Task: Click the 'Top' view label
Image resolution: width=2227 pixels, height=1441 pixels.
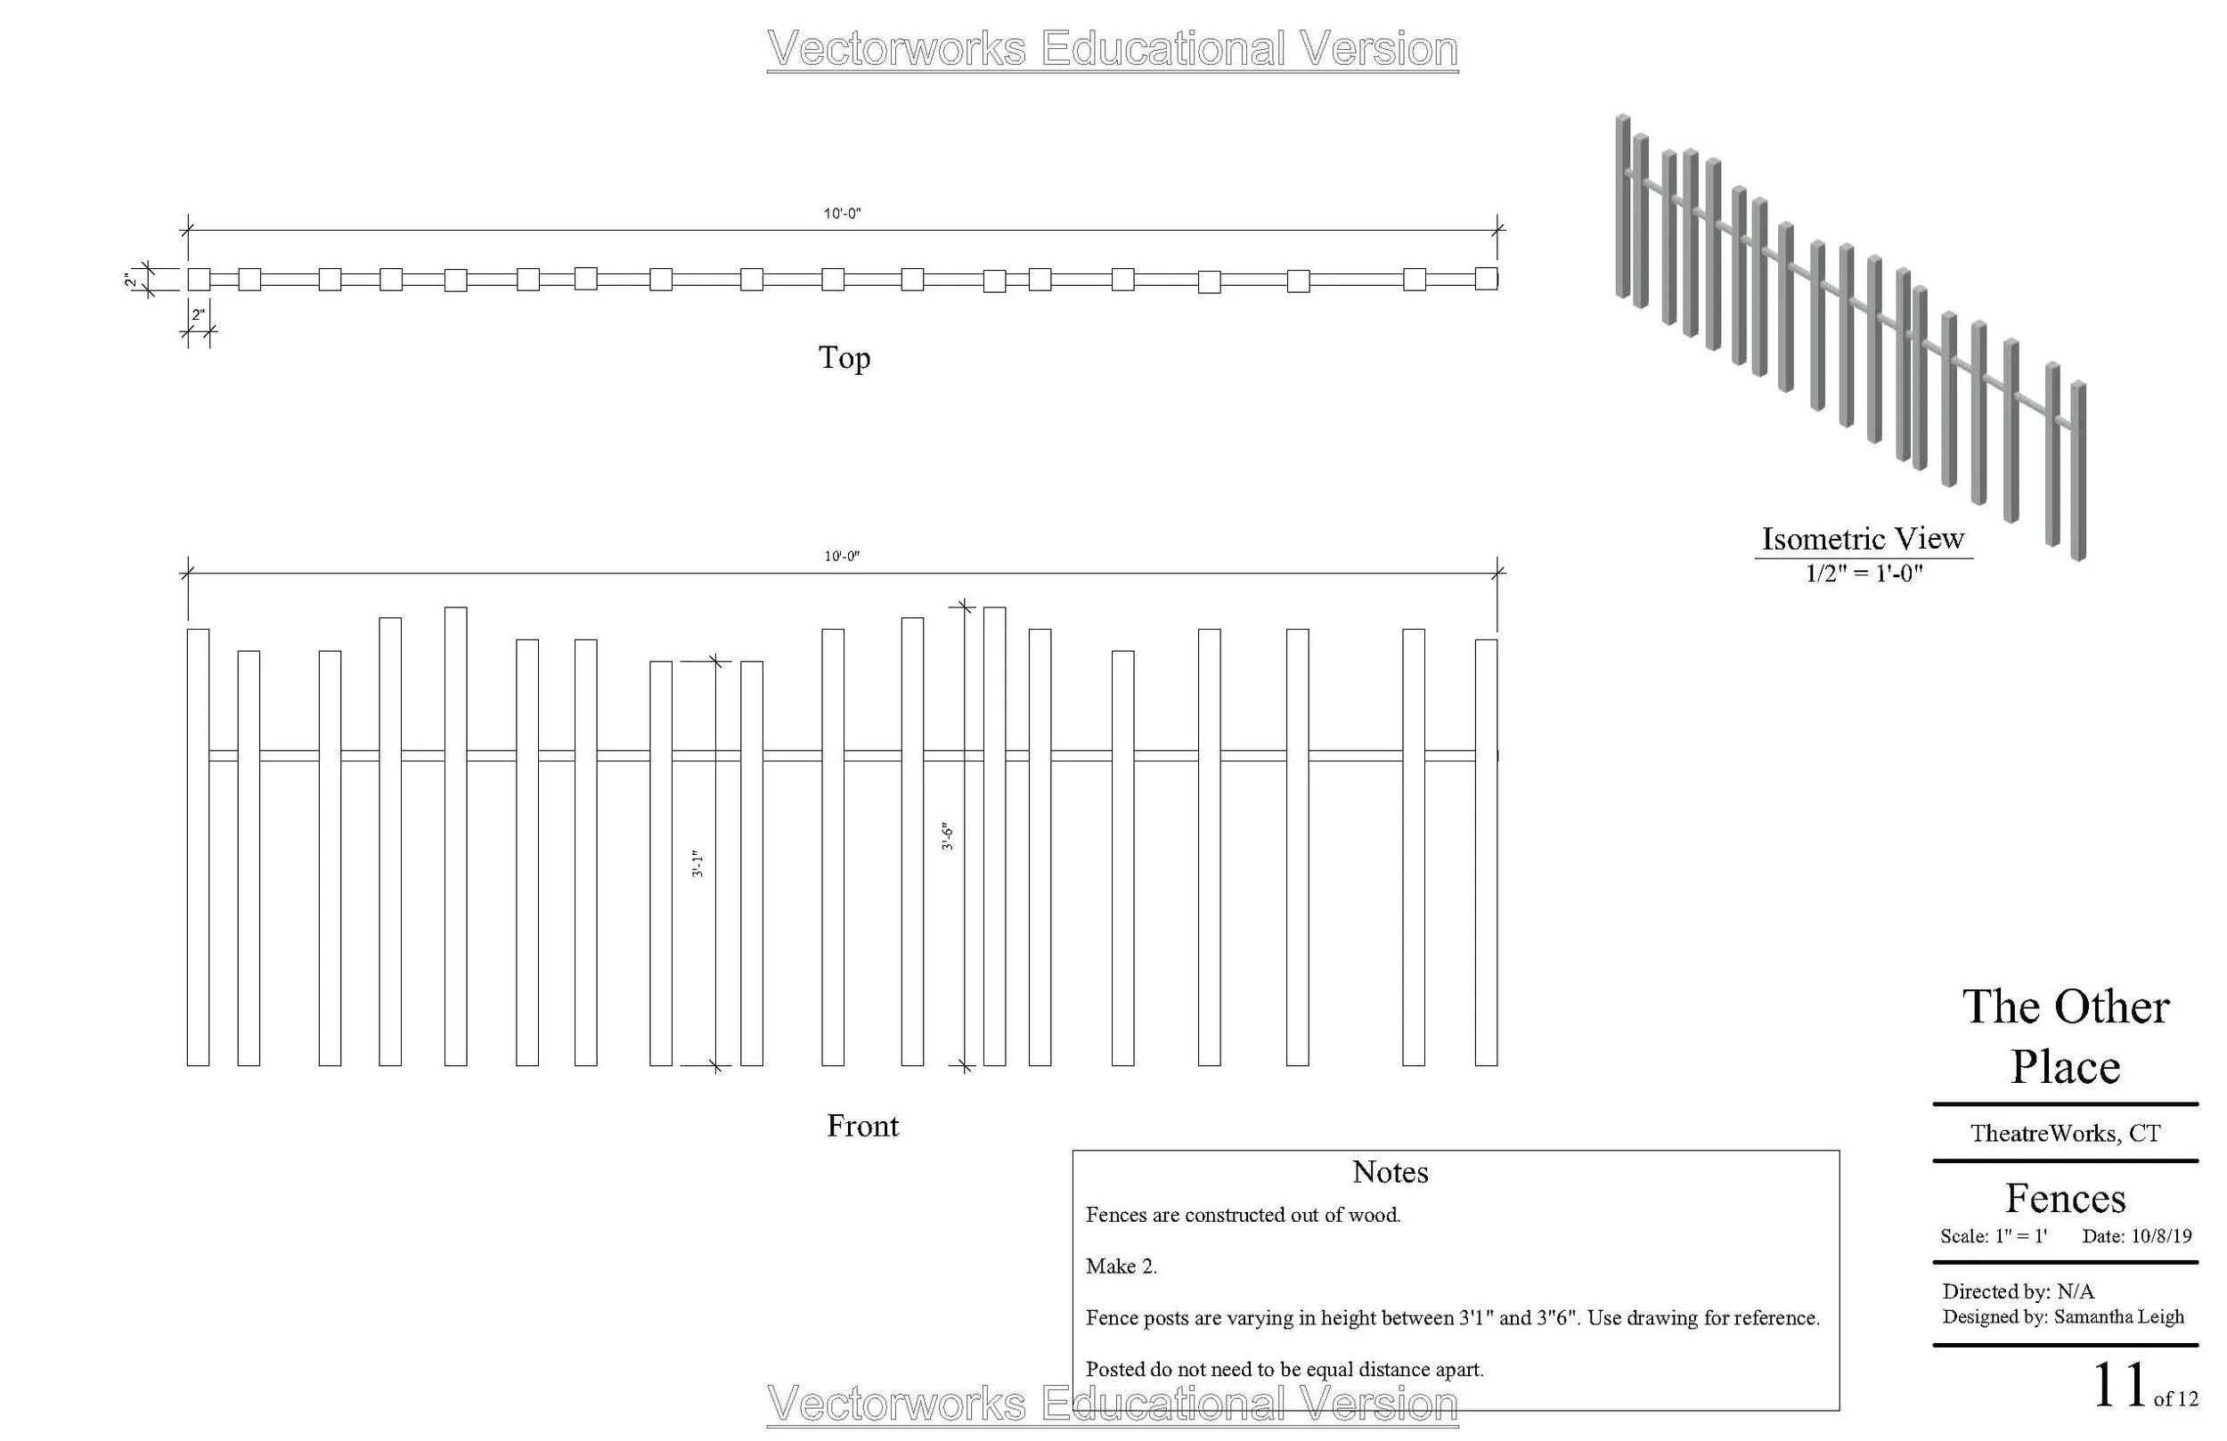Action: [844, 357]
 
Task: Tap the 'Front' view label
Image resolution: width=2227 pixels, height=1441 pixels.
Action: [861, 1126]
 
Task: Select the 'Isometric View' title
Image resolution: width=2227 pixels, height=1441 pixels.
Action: [1862, 539]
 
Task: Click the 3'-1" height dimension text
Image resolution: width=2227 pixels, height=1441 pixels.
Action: [697, 864]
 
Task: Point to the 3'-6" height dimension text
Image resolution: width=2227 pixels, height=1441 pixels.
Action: [947, 836]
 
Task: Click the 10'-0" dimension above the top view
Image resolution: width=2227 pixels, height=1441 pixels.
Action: [842, 214]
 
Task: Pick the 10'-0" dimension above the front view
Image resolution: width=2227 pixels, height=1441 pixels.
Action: [842, 556]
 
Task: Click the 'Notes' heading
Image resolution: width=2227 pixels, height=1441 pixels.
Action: [1390, 1172]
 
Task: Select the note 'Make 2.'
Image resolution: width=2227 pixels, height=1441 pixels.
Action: [1121, 1266]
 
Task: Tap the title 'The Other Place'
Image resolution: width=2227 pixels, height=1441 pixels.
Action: [2065, 1037]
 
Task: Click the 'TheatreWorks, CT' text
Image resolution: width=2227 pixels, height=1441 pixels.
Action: [2065, 1133]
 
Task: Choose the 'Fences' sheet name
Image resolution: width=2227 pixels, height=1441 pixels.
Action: [2065, 1199]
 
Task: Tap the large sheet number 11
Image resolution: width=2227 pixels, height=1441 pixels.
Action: [2118, 1386]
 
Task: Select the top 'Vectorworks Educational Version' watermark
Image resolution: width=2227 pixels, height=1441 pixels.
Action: [1112, 49]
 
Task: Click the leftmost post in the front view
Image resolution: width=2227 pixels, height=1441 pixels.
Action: [198, 847]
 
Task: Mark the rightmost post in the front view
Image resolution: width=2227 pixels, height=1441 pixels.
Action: [1486, 851]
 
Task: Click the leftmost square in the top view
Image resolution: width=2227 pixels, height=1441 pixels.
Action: [199, 279]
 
